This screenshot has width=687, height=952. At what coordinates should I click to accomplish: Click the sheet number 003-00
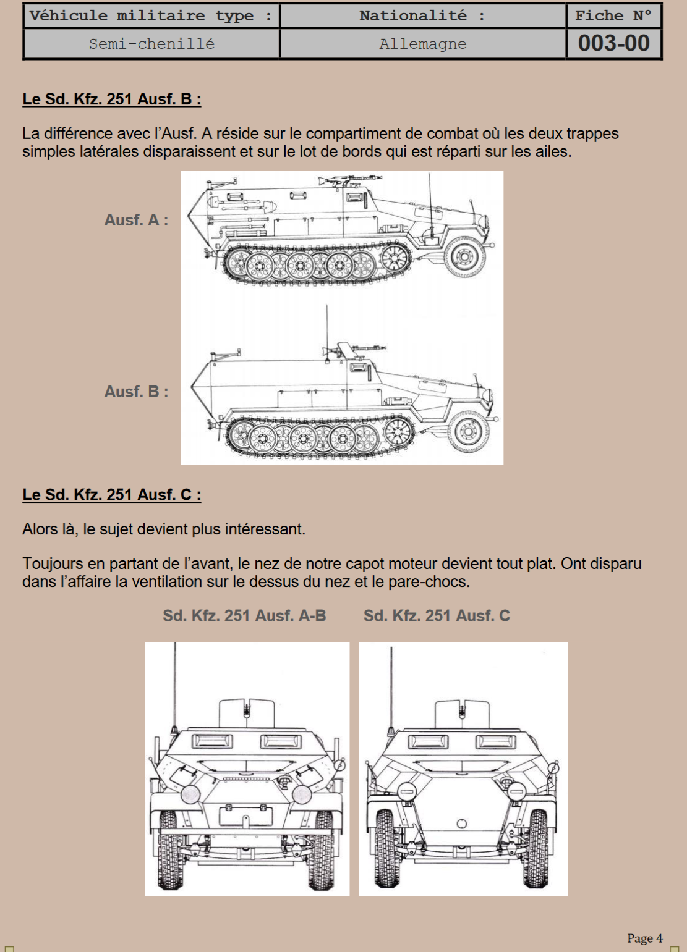[x=613, y=43]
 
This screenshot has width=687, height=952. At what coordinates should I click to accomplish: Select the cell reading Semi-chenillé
[x=151, y=44]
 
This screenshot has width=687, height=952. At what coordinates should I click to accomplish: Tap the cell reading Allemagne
[x=423, y=44]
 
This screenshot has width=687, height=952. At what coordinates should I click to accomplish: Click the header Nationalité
[x=413, y=15]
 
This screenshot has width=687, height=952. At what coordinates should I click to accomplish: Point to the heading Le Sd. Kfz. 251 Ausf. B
[x=112, y=99]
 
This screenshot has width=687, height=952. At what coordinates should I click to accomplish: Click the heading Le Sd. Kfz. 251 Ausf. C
[x=112, y=495]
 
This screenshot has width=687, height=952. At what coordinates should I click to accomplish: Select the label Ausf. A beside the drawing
[x=136, y=220]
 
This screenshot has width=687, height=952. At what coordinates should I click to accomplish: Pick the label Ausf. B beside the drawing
[x=136, y=392]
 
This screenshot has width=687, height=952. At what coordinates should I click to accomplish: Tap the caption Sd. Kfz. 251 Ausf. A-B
[x=244, y=615]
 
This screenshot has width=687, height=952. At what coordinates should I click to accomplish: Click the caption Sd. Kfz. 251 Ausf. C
[x=437, y=615]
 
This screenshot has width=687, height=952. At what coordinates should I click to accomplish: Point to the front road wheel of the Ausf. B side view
[x=468, y=431]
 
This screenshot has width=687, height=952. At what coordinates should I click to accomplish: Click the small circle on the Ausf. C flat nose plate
[x=461, y=824]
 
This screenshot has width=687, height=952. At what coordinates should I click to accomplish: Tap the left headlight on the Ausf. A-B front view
[x=190, y=794]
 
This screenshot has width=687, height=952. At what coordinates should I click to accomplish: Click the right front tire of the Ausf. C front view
[x=536, y=847]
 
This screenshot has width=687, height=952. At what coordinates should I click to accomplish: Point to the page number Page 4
[x=644, y=938]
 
